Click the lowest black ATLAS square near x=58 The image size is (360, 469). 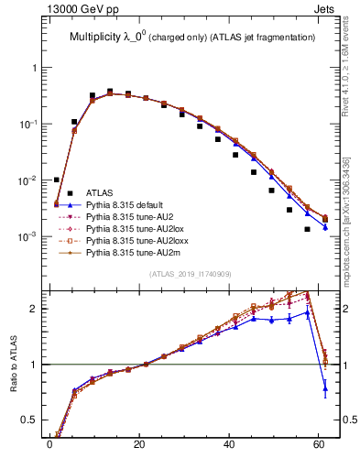(308, 229)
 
